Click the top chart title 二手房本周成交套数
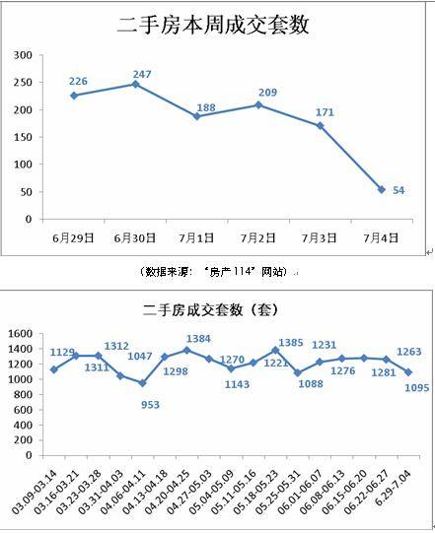(x=213, y=27)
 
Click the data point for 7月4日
(x=381, y=189)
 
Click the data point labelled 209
(x=258, y=104)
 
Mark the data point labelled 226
(x=74, y=96)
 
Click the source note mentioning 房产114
(x=216, y=269)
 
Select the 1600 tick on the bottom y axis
(x=22, y=335)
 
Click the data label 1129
(x=62, y=353)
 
